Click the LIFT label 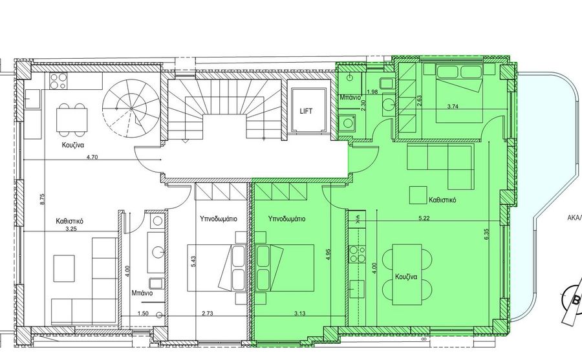pyautogui.click(x=306, y=111)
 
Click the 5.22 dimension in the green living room pyautogui.click(x=424, y=218)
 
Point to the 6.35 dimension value pyautogui.click(x=486, y=235)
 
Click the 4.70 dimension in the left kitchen pyautogui.click(x=92, y=157)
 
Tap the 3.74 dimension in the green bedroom pyautogui.click(x=453, y=106)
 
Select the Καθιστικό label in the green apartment pyautogui.click(x=442, y=200)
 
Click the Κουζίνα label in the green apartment pyautogui.click(x=406, y=277)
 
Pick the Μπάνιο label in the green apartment pyautogui.click(x=350, y=98)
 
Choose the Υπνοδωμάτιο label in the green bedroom pyautogui.click(x=286, y=219)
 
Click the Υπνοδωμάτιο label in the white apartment pyautogui.click(x=219, y=218)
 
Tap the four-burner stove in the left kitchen pyautogui.click(x=58, y=81)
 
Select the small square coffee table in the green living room pyautogui.click(x=418, y=195)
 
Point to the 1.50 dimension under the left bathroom pyautogui.click(x=143, y=313)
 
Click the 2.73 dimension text pyautogui.click(x=207, y=313)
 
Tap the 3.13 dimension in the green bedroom pyautogui.click(x=299, y=313)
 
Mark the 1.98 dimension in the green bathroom pyautogui.click(x=372, y=92)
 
